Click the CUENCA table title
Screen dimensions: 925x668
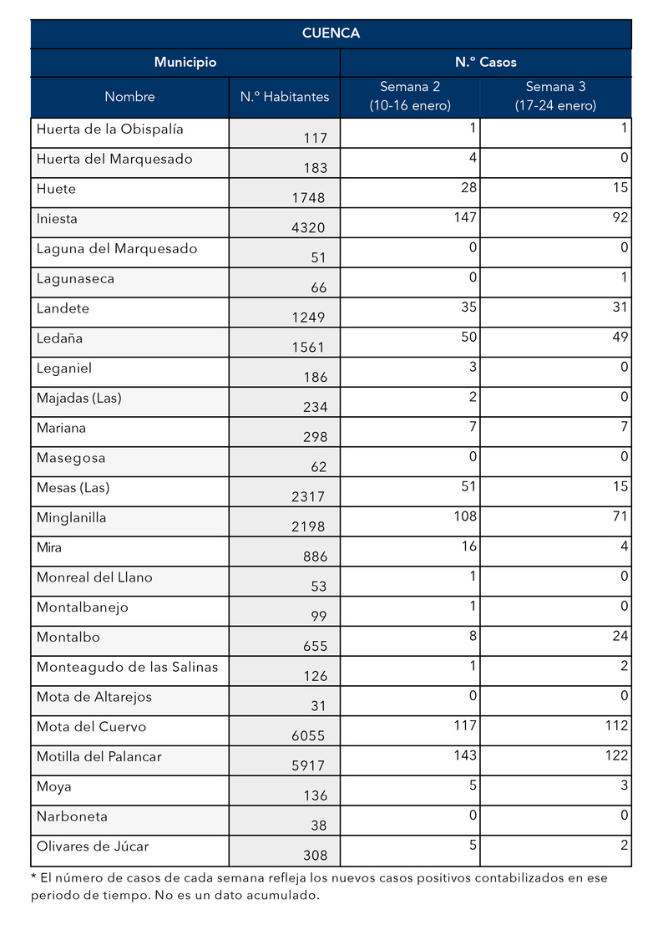click(331, 33)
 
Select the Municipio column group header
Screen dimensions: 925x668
click(185, 63)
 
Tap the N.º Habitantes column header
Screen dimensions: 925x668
click(285, 97)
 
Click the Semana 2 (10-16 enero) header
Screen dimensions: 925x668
click(409, 96)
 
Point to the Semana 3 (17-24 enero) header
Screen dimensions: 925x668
click(554, 96)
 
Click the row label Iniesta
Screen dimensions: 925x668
click(57, 219)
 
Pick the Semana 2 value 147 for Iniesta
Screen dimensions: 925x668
click(465, 218)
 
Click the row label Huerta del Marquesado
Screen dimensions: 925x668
click(114, 159)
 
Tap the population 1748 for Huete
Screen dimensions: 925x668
click(308, 198)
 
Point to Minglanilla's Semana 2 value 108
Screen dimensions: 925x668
click(465, 516)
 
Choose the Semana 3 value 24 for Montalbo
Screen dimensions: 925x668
click(620, 636)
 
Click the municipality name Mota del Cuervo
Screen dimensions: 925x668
click(91, 727)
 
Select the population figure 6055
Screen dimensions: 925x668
click(308, 736)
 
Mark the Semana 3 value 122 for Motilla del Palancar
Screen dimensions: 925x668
click(616, 755)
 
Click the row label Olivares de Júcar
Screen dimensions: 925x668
click(93, 846)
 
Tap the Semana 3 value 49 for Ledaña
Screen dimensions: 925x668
click(620, 338)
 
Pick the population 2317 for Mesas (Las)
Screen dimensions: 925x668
click(308, 497)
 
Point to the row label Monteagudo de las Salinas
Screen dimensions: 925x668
click(127, 667)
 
